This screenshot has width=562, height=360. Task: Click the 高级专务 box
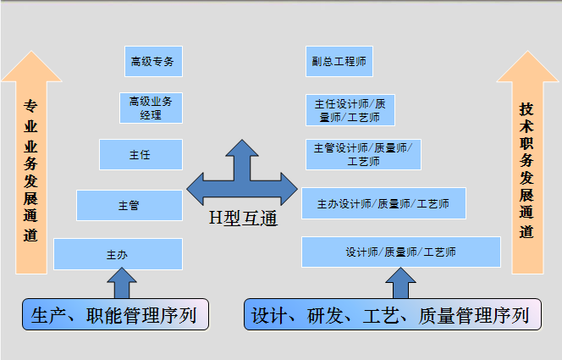click(153, 62)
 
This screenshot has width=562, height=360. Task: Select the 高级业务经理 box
click(152, 108)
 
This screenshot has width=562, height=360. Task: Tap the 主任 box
click(140, 155)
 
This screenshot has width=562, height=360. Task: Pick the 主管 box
click(129, 205)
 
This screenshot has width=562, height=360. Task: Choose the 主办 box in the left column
click(118, 253)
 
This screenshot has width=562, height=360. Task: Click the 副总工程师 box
click(338, 62)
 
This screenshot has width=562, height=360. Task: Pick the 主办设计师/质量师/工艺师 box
click(383, 203)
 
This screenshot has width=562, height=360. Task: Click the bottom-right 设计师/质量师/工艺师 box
click(400, 252)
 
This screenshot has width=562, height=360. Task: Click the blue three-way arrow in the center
click(242, 179)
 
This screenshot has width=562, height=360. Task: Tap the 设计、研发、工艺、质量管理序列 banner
click(391, 316)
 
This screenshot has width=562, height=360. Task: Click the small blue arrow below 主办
click(124, 283)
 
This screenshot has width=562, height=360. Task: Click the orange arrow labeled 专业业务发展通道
click(30, 169)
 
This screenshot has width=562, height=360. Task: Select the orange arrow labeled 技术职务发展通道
click(526, 169)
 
